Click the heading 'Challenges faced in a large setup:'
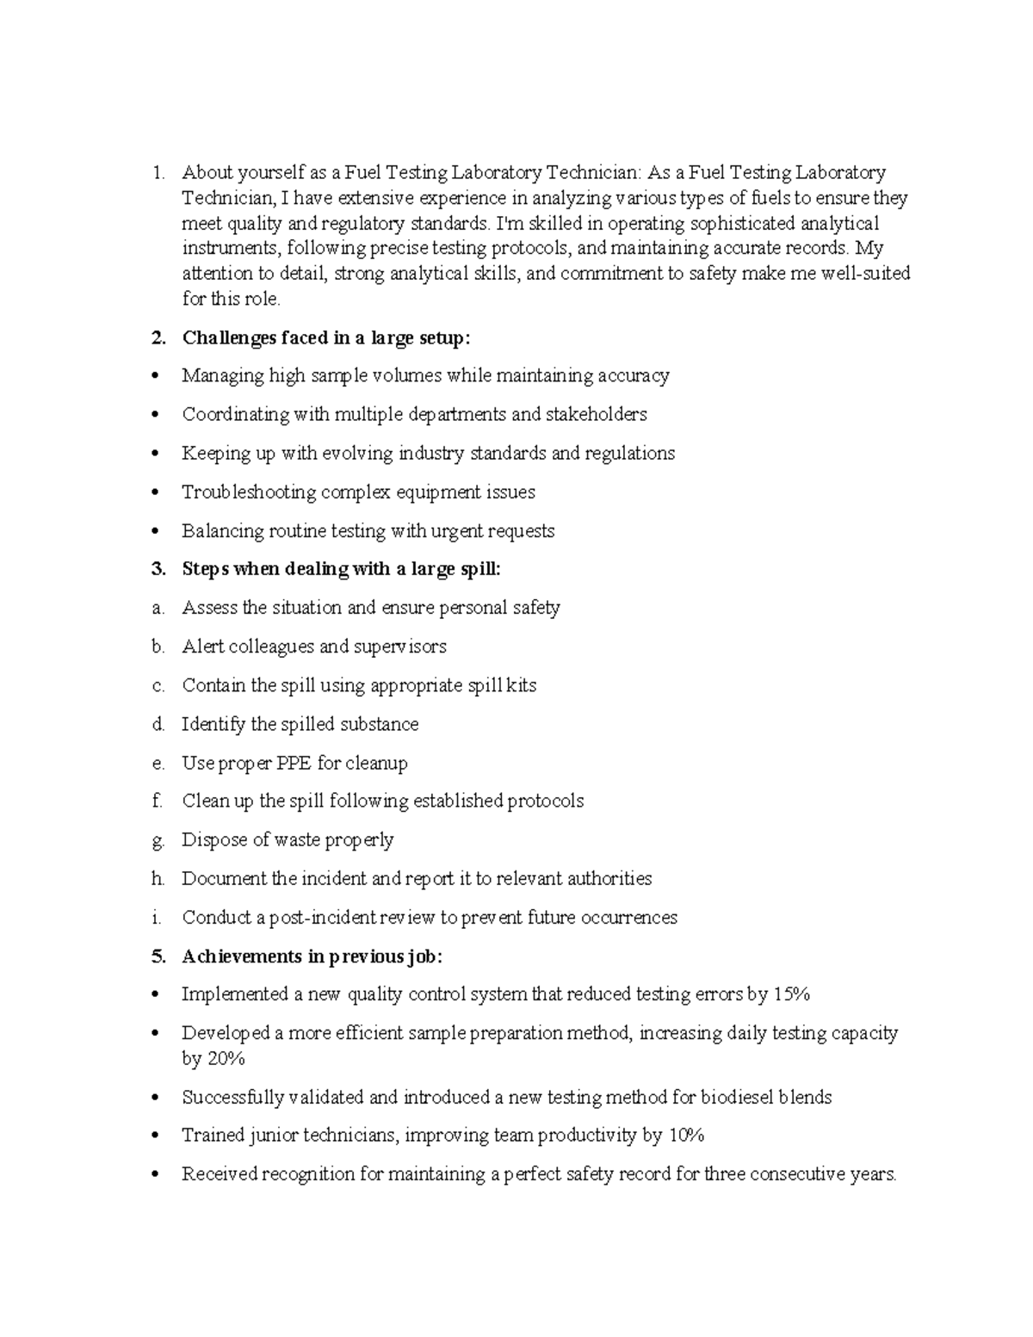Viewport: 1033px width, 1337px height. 326,338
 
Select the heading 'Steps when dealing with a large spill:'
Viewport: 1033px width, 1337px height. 341,569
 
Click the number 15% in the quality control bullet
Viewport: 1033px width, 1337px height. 791,994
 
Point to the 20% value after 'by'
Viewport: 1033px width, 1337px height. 226,1059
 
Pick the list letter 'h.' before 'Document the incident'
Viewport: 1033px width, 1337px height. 158,879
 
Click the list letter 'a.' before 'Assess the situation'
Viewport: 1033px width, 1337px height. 158,609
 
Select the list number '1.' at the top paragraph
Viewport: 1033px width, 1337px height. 158,173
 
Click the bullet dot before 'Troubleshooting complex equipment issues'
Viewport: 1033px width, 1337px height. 155,493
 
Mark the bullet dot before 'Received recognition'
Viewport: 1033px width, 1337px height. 155,1175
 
